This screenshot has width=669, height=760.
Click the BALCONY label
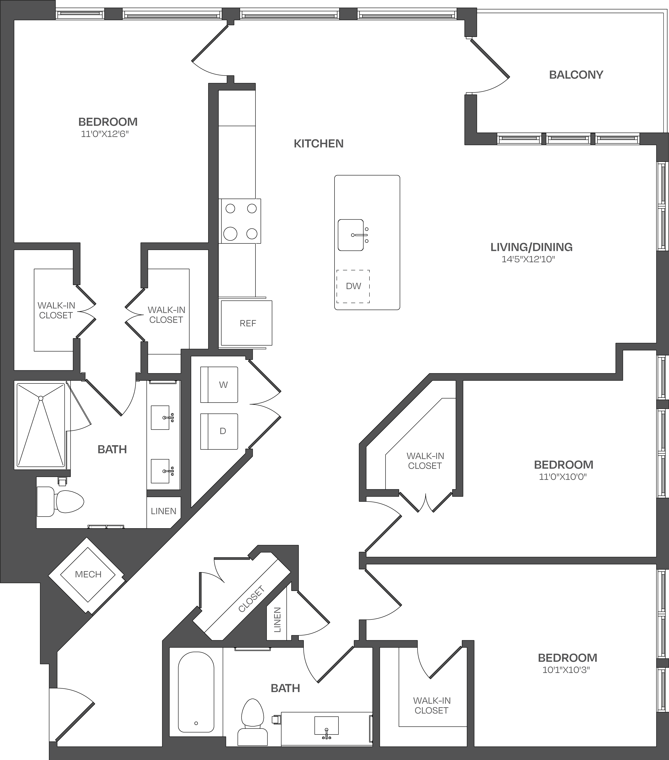click(x=576, y=75)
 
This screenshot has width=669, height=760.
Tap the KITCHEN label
click(x=319, y=144)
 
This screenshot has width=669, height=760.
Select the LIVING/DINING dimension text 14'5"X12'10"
click(x=528, y=259)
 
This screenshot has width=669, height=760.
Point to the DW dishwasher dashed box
click(x=353, y=286)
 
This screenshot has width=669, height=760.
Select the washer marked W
click(x=219, y=384)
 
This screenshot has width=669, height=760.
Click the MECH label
click(x=88, y=575)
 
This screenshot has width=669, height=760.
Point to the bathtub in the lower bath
click(x=196, y=692)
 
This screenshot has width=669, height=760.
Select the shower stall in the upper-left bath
click(x=41, y=425)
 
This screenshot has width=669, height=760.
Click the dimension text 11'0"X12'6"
click(x=105, y=134)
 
